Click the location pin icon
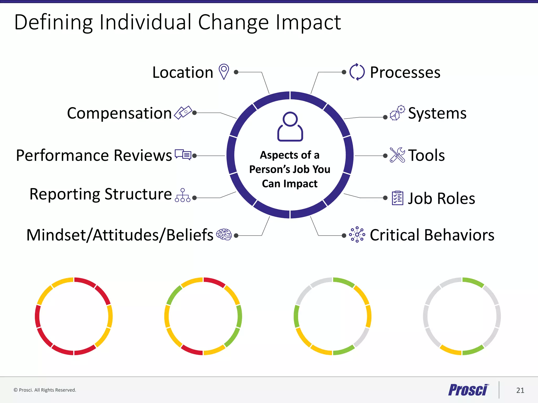point(224,71)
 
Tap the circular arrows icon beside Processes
point(357,72)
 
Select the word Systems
point(437,113)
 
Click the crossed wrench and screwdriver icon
point(397,155)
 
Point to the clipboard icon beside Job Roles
point(397,198)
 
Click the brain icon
point(224,234)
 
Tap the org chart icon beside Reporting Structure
point(183,195)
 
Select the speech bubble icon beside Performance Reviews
point(183,155)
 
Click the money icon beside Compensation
point(183,113)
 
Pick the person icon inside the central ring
point(290,126)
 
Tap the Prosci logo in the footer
point(468,390)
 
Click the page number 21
point(520,390)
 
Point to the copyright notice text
point(45,390)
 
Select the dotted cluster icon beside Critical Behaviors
point(357,234)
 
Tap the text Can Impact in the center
point(289,184)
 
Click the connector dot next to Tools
point(385,156)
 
